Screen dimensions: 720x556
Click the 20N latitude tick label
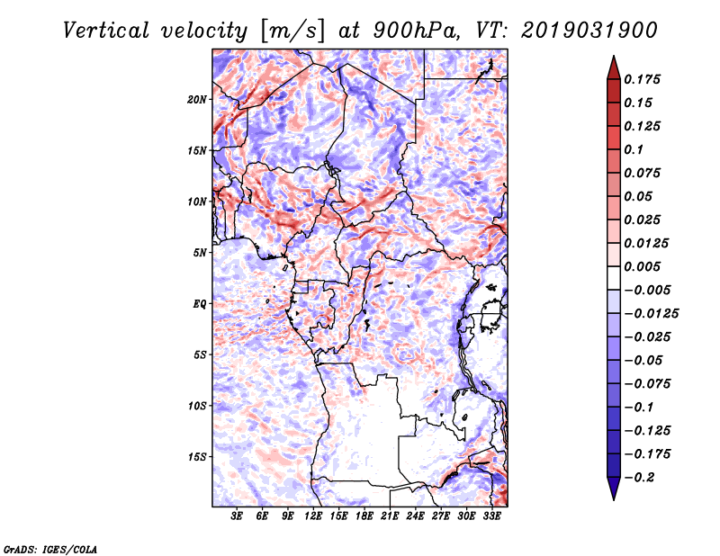coord(196,100)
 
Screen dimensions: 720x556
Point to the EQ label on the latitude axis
coord(199,304)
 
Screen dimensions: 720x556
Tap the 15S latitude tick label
coord(196,457)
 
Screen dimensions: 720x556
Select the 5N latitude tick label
coord(199,253)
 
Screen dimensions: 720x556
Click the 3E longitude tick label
coord(237,516)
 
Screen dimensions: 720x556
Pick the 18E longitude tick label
coord(364,516)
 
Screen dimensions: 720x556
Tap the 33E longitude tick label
coord(491,516)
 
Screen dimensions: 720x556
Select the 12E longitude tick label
coord(312,516)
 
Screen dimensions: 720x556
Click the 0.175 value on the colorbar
coord(642,79)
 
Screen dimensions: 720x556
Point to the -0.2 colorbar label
coord(639,478)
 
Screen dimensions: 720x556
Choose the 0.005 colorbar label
coord(642,266)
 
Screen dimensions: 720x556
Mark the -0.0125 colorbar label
coord(651,314)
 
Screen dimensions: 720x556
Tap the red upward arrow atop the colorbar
coord(614,68)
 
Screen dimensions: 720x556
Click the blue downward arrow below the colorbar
coord(614,489)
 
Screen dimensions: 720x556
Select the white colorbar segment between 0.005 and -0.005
coord(614,278)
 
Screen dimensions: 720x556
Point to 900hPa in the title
coord(416,31)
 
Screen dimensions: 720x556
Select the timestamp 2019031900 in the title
coord(589,31)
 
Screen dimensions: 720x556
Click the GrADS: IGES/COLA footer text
coord(50,549)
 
